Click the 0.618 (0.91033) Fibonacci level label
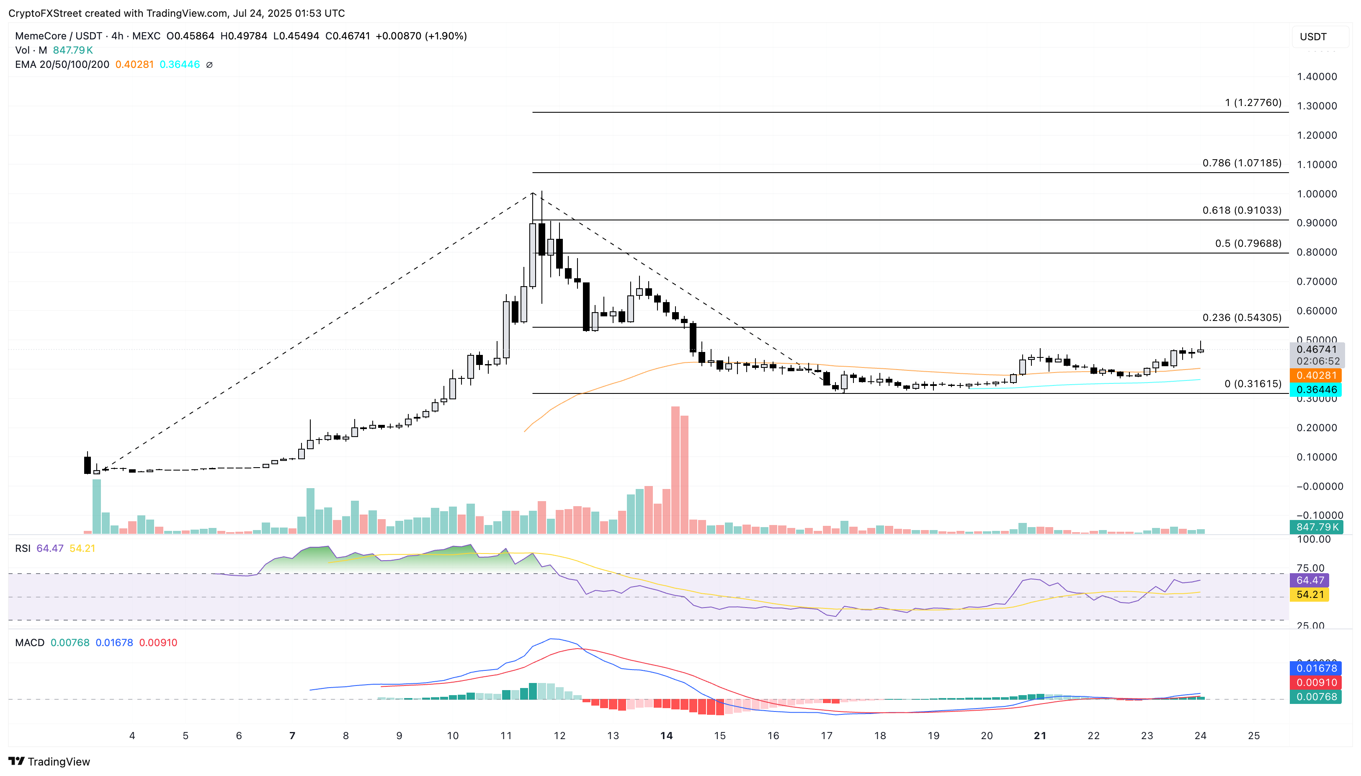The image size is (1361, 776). click(1241, 210)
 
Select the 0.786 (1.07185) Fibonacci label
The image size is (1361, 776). click(1241, 163)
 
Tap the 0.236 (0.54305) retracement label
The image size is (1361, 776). click(1241, 318)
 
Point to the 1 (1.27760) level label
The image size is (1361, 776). click(1253, 103)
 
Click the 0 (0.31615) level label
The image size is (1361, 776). click(1253, 384)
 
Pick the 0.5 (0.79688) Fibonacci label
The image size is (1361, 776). click(1248, 243)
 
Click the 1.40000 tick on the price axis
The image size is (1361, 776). click(1316, 77)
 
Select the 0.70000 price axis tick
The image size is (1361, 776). click(1316, 282)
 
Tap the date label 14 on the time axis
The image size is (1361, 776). click(666, 735)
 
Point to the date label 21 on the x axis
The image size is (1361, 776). click(1040, 735)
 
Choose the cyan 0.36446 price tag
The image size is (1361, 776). click(1316, 390)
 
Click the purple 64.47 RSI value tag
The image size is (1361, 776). click(1309, 580)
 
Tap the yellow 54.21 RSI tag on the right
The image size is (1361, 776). click(1309, 594)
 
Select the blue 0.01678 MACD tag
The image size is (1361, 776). click(1316, 668)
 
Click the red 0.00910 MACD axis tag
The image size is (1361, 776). click(1316, 683)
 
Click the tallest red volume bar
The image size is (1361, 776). click(675, 469)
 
